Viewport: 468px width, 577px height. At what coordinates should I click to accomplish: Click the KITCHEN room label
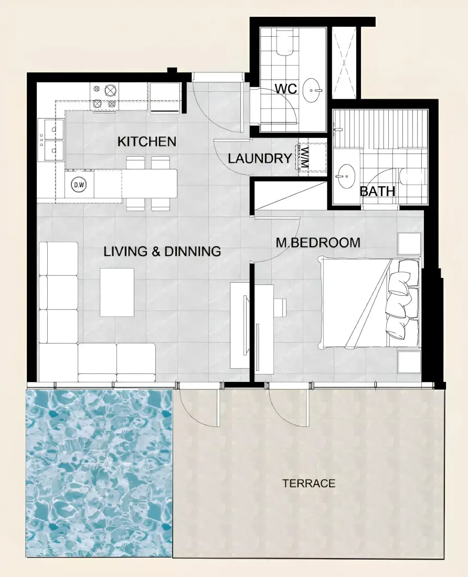click(147, 141)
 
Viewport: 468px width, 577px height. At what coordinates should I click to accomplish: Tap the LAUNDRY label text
click(260, 158)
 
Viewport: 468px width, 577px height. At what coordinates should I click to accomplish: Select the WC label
click(286, 88)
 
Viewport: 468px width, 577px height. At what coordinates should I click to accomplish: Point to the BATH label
click(377, 191)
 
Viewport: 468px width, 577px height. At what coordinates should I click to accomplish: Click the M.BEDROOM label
click(318, 242)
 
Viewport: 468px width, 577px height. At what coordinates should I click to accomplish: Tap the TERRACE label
click(309, 483)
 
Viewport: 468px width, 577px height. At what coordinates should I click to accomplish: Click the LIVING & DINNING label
click(162, 251)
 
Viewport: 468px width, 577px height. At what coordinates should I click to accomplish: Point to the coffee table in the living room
click(117, 292)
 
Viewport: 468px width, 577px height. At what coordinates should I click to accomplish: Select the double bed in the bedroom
click(370, 303)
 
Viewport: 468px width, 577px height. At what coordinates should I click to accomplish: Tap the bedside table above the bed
click(409, 243)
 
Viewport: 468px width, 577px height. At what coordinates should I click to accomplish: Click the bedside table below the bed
click(409, 362)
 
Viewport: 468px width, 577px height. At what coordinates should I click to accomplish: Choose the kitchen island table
click(150, 184)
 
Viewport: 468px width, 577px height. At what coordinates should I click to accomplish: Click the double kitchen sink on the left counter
click(51, 140)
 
